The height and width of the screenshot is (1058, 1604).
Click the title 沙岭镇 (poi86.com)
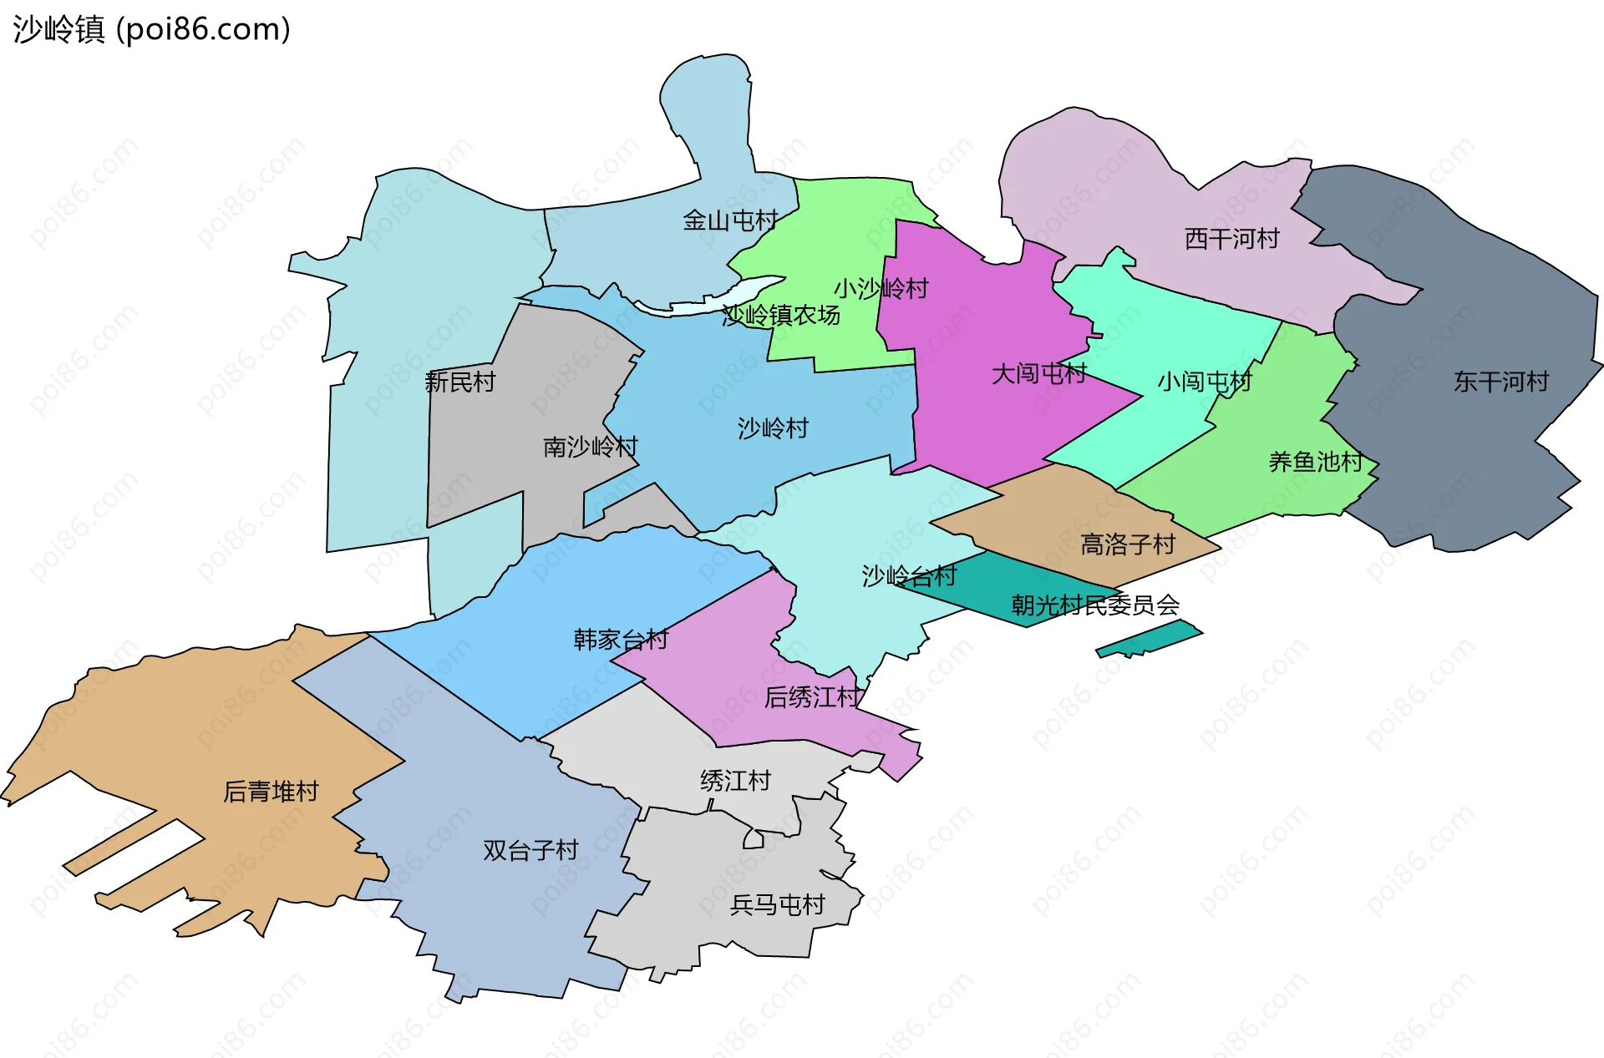click(x=151, y=29)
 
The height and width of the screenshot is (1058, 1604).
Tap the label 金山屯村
click(x=730, y=220)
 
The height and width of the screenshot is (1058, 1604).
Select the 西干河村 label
click(x=1231, y=239)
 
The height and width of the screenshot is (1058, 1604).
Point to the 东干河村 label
click(x=1501, y=382)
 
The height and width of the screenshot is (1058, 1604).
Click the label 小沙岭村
click(x=881, y=289)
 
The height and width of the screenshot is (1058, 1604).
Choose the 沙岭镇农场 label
click(x=781, y=316)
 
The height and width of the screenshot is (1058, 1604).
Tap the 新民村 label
click(x=459, y=382)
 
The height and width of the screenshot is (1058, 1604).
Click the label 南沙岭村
click(x=590, y=447)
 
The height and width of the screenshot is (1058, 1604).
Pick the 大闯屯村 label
click(x=1038, y=373)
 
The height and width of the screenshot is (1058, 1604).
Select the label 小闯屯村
click(x=1204, y=382)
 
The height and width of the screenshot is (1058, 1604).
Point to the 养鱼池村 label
click(x=1315, y=461)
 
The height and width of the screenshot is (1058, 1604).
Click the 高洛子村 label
click(x=1128, y=544)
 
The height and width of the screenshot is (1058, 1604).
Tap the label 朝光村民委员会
click(x=1095, y=604)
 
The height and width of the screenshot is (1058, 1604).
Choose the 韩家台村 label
click(x=621, y=640)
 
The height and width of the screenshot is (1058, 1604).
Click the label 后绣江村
click(x=811, y=696)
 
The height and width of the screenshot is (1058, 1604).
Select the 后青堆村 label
click(x=271, y=791)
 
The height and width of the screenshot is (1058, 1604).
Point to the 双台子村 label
click(x=530, y=850)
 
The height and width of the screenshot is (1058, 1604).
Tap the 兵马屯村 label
click(x=777, y=904)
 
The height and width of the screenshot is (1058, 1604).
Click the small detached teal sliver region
click(x=1150, y=639)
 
